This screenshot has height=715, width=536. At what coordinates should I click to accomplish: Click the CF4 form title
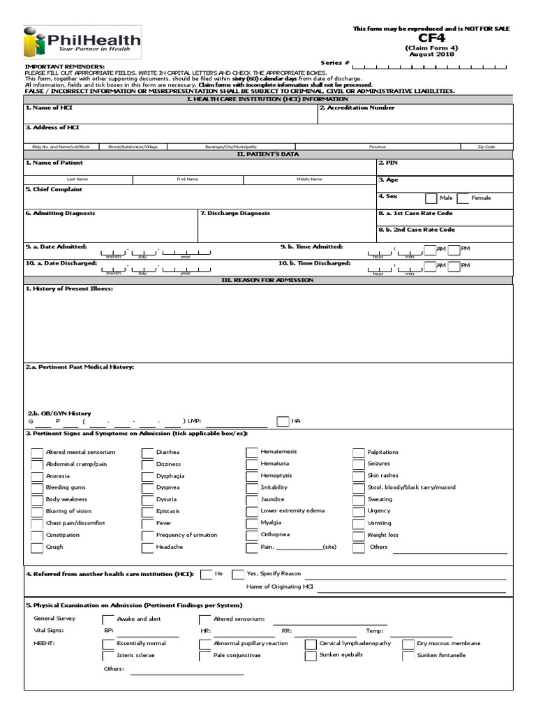click(431, 39)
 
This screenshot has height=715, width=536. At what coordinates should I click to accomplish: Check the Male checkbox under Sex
click(431, 198)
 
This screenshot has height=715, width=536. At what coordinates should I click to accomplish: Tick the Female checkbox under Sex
click(463, 198)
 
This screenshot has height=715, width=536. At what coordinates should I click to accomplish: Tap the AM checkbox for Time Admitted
click(429, 249)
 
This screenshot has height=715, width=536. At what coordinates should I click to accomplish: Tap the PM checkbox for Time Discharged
click(454, 266)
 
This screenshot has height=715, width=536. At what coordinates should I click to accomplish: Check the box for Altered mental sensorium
click(37, 452)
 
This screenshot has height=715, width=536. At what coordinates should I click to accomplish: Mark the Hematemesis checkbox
click(252, 452)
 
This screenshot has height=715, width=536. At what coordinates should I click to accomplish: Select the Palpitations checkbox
click(359, 452)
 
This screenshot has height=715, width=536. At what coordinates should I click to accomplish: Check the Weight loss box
click(359, 536)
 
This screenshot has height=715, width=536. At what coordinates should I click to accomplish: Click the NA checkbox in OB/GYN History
click(283, 421)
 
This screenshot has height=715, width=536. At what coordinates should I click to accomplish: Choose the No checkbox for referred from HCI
click(207, 574)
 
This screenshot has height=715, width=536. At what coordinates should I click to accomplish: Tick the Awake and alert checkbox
click(108, 619)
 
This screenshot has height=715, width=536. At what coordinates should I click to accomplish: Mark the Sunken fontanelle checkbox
click(408, 656)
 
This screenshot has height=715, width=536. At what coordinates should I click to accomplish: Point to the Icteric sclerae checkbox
click(108, 656)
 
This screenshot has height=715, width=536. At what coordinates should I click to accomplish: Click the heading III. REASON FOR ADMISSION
click(269, 280)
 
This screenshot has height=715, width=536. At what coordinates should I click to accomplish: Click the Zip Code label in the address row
click(486, 147)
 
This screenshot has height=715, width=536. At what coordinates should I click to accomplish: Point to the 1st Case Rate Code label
click(416, 213)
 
